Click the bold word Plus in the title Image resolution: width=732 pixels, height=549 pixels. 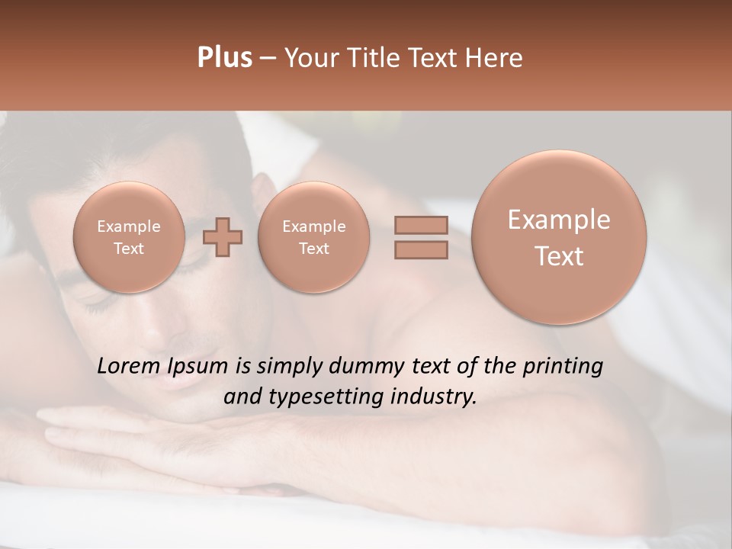[224, 58]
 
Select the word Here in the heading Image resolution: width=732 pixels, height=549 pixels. [494, 58]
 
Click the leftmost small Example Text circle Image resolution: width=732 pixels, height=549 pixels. [129, 237]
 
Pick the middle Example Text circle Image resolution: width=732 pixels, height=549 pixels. [313, 237]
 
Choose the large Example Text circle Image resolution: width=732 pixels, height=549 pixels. [559, 237]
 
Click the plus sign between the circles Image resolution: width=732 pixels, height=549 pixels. [222, 237]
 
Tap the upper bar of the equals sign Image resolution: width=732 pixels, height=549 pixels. [421, 225]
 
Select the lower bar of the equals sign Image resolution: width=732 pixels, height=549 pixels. [421, 249]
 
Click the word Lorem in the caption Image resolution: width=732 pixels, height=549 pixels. [129, 366]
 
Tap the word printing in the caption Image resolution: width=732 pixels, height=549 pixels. [562, 367]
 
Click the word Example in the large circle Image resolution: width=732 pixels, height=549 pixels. [559, 220]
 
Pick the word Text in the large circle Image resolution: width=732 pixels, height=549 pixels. [559, 256]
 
